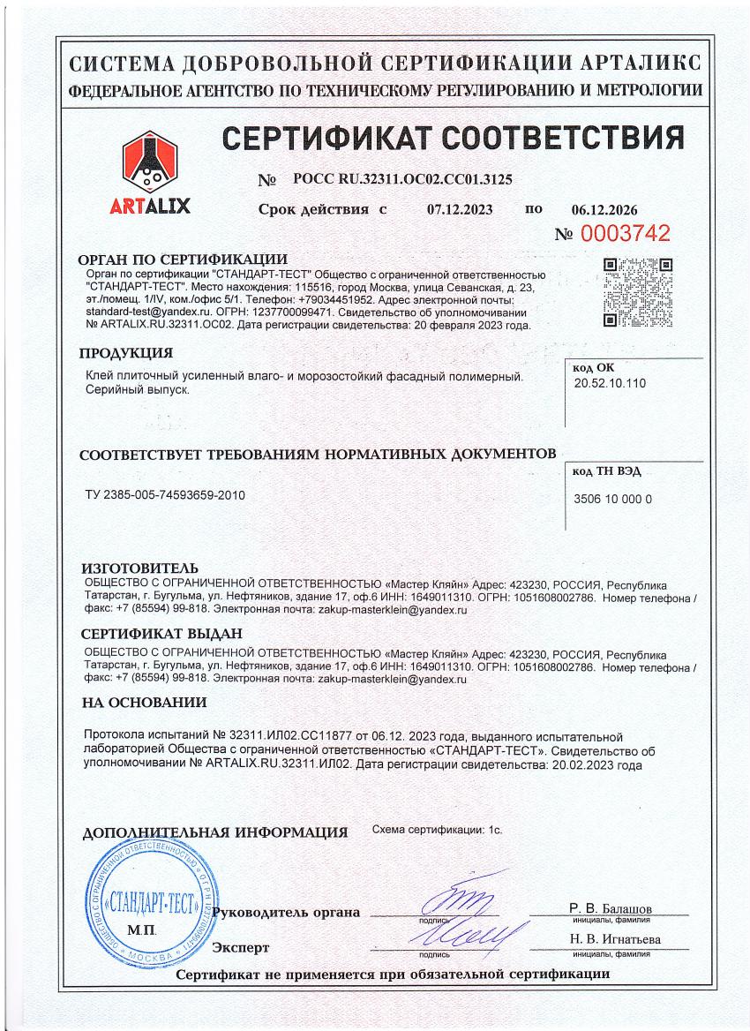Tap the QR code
click(x=637, y=292)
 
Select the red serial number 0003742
click(x=624, y=234)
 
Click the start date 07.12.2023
click(x=460, y=210)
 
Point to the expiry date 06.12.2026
click(x=604, y=210)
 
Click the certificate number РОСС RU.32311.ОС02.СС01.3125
click(x=402, y=179)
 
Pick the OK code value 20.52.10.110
click(x=611, y=385)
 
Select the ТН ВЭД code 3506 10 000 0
click(x=613, y=499)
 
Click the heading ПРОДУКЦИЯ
click(x=125, y=354)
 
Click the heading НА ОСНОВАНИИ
click(x=145, y=703)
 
